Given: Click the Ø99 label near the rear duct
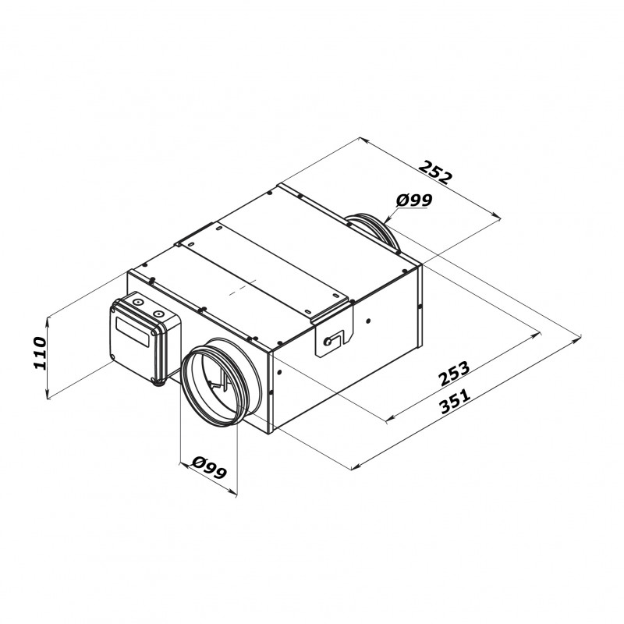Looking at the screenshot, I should click(x=414, y=201).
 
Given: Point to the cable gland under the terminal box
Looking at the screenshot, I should click(x=159, y=381).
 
